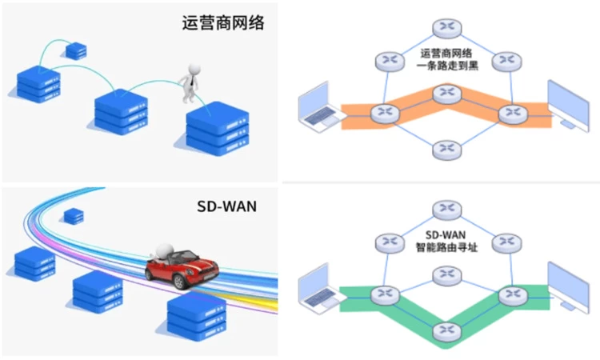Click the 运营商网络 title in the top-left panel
tap(222, 22)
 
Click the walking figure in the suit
tap(191, 83)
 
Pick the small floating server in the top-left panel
tap(77, 50)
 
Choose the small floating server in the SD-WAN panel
tap(74, 215)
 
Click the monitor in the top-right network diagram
tap(568, 104)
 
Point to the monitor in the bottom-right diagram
tap(568, 284)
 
